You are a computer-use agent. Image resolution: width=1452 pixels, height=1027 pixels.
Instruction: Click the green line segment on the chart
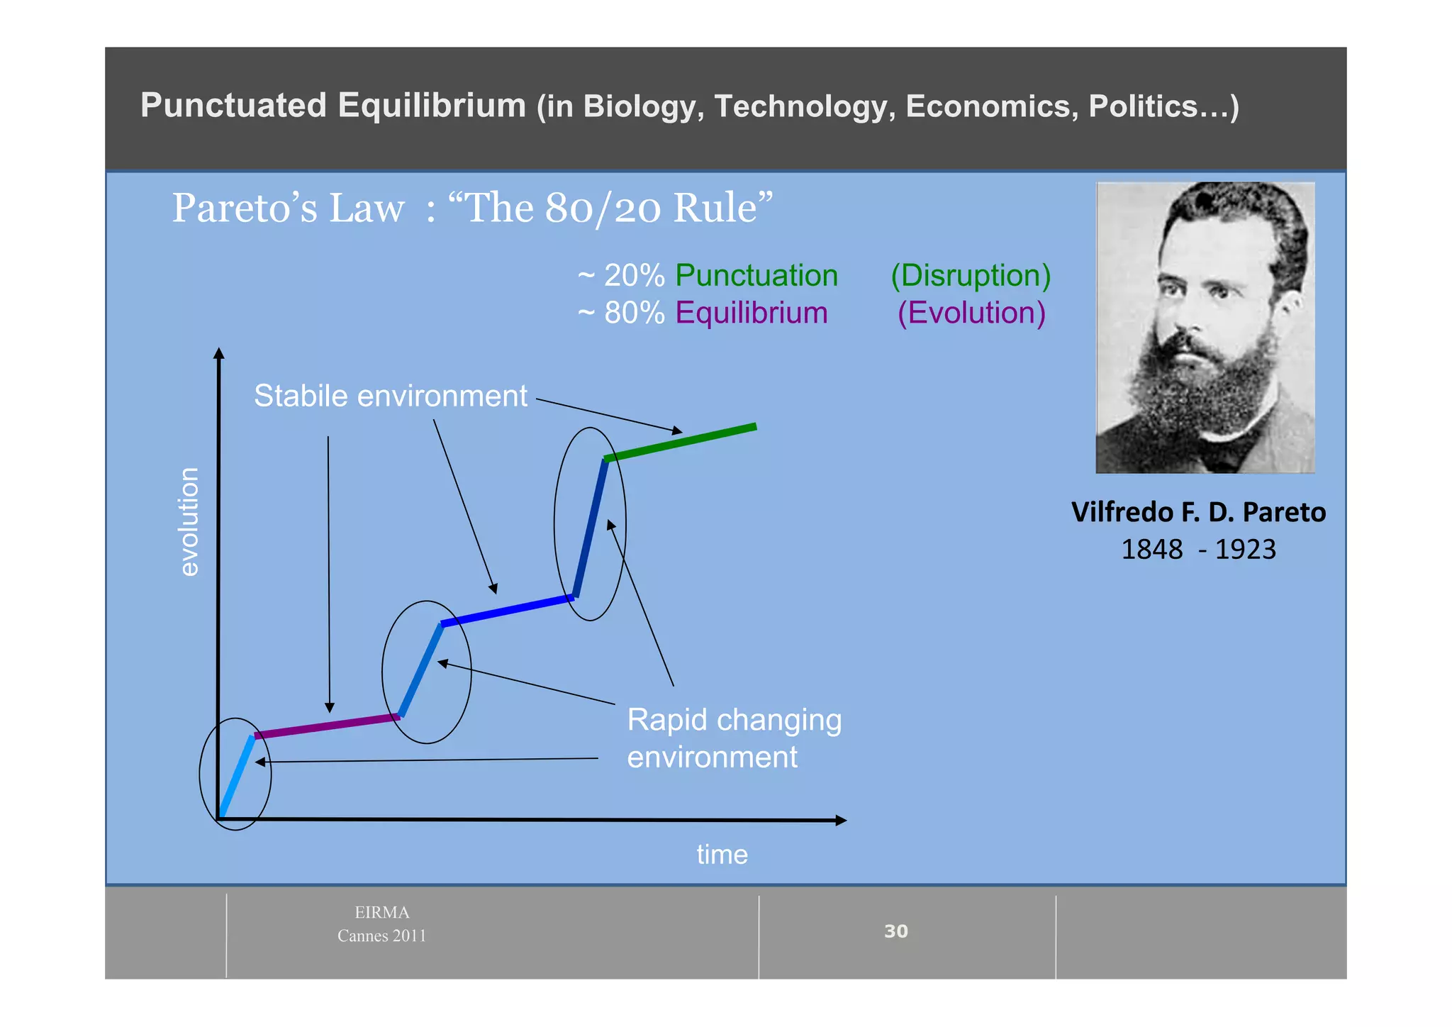point(681,443)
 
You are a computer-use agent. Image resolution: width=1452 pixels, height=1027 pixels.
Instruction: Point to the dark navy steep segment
point(591,528)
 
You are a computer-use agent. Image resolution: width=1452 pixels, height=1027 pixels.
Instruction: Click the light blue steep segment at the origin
point(237,777)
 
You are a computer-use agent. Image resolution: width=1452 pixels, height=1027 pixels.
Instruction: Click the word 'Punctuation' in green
point(756,275)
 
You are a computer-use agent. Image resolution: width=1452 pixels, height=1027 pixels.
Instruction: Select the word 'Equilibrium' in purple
point(751,313)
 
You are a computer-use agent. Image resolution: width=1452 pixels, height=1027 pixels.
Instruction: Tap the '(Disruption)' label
point(971,275)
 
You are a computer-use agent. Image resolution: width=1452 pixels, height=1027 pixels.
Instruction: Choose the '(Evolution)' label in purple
point(971,313)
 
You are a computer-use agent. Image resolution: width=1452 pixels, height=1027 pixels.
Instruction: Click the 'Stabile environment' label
point(391,396)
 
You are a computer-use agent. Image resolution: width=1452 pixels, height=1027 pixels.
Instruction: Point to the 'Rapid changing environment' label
point(734,738)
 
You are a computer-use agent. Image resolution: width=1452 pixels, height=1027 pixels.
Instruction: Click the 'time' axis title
point(722,855)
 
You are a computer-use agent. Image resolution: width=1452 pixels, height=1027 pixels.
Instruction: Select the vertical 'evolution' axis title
point(189,521)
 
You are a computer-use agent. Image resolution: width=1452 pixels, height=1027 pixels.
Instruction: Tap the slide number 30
point(896,931)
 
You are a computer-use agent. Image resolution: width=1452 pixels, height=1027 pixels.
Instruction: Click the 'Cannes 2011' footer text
point(381,936)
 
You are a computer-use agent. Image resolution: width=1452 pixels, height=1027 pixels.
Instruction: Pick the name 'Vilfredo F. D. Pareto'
point(1198,512)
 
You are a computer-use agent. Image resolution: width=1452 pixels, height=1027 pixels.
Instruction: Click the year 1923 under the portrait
point(1245,550)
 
